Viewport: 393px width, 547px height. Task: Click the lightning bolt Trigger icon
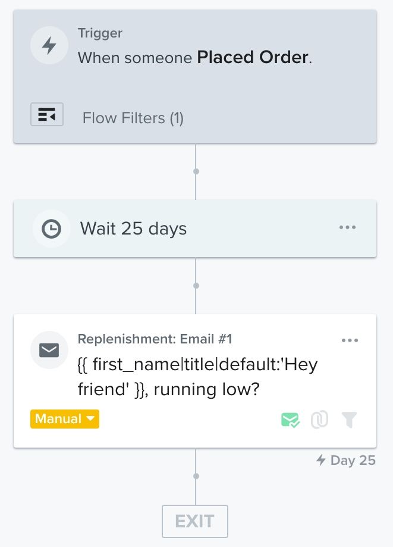coord(49,46)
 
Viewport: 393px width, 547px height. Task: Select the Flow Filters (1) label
coord(133,118)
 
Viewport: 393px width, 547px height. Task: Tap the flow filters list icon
coord(46,115)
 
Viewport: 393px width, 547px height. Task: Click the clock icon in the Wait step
coord(51,229)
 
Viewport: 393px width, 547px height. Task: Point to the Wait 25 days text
coord(133,229)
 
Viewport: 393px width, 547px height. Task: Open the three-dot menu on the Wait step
coord(347,227)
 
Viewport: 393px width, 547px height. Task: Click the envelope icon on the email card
coord(49,349)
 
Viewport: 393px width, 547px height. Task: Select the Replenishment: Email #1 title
coord(155,339)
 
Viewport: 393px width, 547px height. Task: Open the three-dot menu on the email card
coord(350,340)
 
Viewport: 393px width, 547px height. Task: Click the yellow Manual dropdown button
coord(65,418)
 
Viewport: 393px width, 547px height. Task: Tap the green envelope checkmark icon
coord(290,421)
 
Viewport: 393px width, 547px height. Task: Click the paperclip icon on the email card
coord(320,421)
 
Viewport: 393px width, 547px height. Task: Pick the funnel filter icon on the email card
coord(350,421)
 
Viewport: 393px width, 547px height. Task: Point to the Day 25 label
coord(346,460)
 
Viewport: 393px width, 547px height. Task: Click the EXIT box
coord(195,521)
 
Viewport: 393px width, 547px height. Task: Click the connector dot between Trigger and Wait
coord(196,171)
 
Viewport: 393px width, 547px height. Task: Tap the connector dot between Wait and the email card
coord(196,286)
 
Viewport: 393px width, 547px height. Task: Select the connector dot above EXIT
coord(196,476)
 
